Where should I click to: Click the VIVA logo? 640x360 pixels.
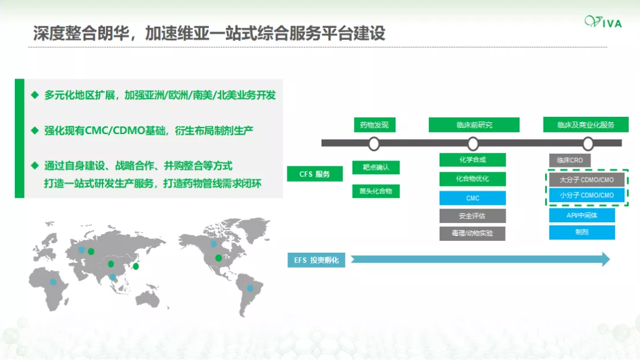(x=603, y=21)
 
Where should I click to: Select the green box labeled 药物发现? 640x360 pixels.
(x=375, y=125)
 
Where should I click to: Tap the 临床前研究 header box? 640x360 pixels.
(x=474, y=125)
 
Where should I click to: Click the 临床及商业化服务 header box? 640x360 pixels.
(x=586, y=125)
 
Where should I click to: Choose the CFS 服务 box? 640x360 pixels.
(x=315, y=174)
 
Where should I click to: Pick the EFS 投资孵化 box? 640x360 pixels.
(x=316, y=260)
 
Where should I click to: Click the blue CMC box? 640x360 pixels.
(x=472, y=198)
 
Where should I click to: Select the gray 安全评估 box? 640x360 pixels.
(x=472, y=216)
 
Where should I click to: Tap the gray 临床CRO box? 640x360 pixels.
(x=570, y=160)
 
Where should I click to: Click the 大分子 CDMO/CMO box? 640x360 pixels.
(x=586, y=180)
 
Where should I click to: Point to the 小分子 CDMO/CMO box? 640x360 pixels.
(x=586, y=195)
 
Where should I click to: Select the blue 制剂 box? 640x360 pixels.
(x=582, y=232)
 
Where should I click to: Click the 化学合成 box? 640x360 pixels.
(x=472, y=160)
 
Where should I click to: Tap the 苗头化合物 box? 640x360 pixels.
(x=376, y=191)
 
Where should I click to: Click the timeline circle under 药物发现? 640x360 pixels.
(x=374, y=144)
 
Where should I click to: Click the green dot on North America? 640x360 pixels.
(x=219, y=258)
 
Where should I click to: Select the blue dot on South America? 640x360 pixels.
(x=250, y=288)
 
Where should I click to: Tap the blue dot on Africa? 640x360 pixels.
(x=53, y=282)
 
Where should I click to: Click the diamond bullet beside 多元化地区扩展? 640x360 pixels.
(x=35, y=95)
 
